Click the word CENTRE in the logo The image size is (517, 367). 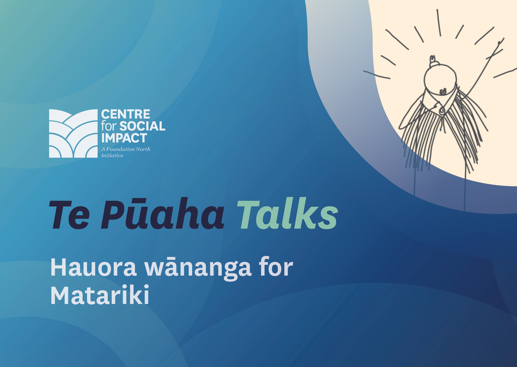tap(126, 114)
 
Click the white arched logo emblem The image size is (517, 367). tap(73, 133)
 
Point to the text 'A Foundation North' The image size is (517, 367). tap(126, 149)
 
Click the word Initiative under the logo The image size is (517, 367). tap(112, 155)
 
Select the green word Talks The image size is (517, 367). tap(287, 213)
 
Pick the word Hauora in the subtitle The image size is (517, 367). tap(93, 267)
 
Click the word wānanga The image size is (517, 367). tap(198, 267)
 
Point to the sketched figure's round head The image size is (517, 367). tap(440, 80)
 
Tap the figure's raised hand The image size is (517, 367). tap(500, 43)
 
